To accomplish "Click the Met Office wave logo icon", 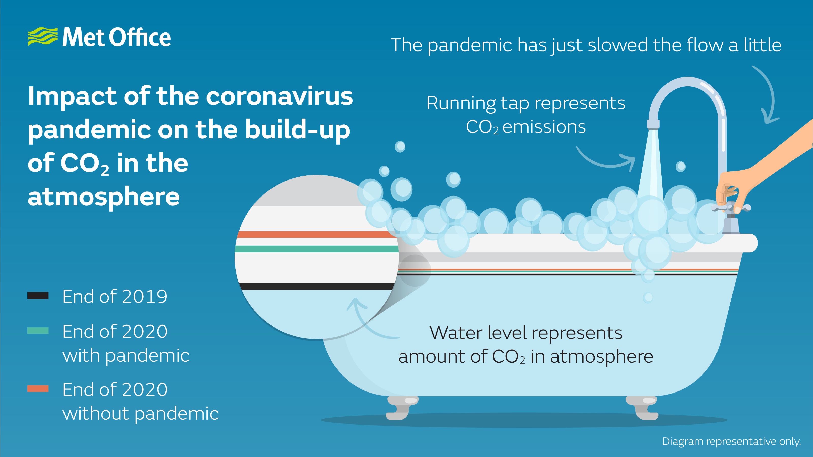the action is coord(43,37).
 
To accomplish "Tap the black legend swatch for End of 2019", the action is coord(38,296).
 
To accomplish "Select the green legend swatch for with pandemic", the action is coord(38,331).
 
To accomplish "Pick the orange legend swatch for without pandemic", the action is coord(38,388).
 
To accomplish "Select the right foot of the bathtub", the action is coord(643,408).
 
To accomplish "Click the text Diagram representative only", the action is coord(731,441).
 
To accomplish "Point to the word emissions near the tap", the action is coord(544,127).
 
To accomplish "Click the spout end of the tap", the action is coord(653,124).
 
